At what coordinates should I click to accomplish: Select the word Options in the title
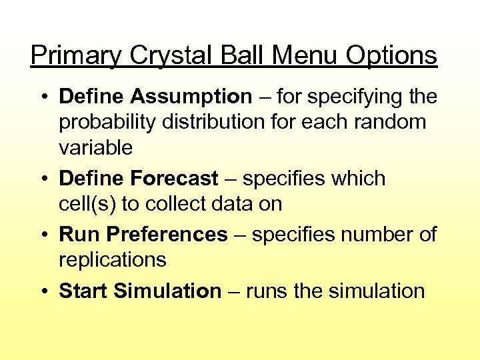click(391, 56)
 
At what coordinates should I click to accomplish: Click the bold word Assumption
click(191, 97)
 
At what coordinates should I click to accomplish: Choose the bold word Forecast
click(175, 179)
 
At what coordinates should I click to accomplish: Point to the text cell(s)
click(87, 204)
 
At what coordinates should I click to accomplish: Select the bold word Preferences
click(167, 235)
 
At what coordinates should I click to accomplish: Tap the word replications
click(113, 260)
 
